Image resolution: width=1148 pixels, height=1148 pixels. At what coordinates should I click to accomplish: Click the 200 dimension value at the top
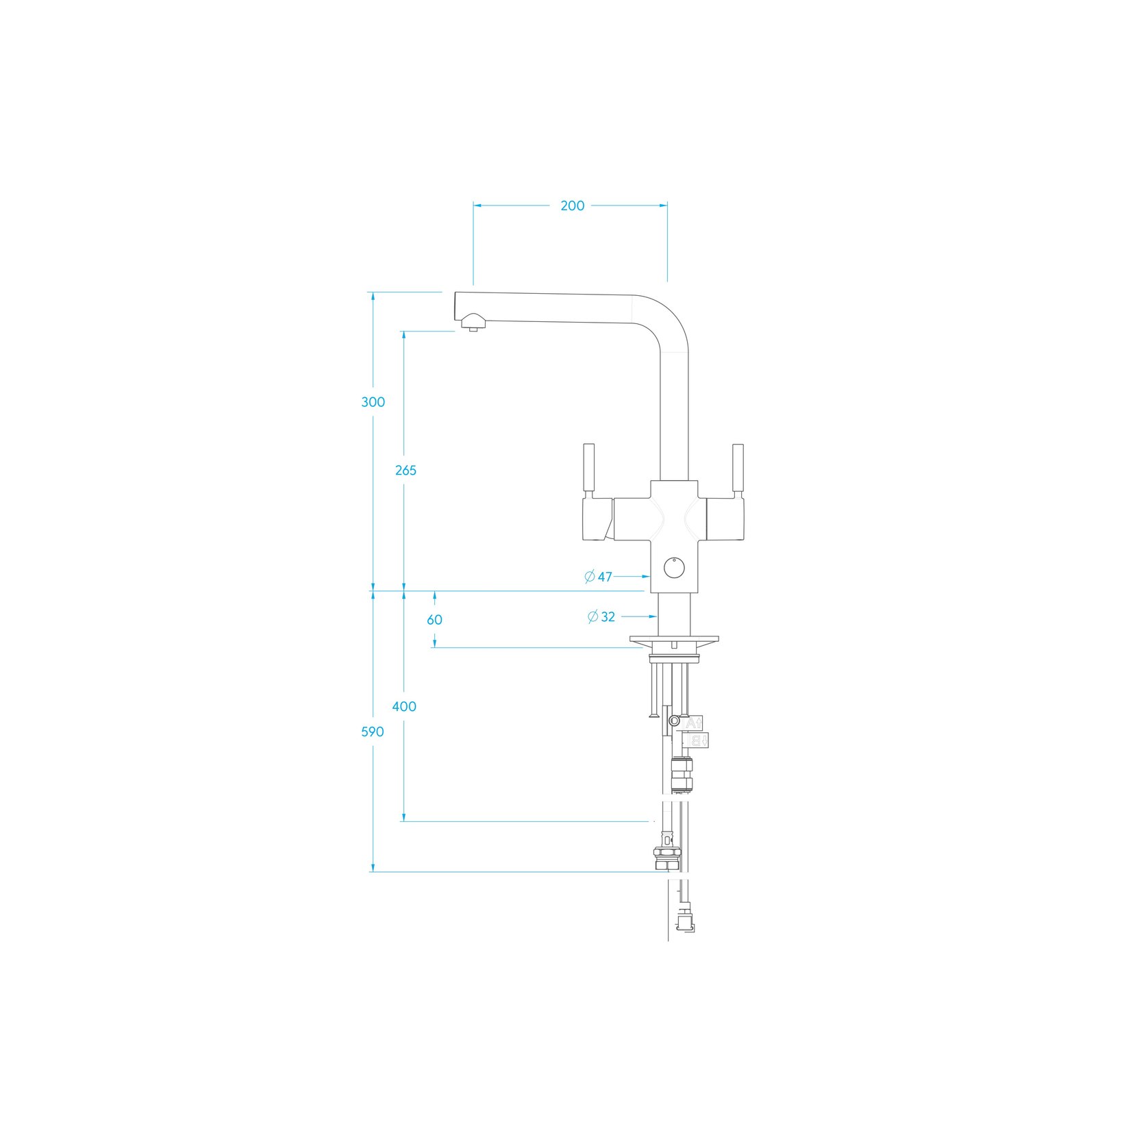[x=573, y=205]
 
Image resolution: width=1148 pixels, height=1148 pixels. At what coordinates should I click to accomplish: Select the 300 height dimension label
[x=373, y=402]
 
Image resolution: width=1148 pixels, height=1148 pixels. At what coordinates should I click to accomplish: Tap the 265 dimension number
[x=406, y=471]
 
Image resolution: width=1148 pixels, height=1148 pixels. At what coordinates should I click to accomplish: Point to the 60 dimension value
[x=434, y=620]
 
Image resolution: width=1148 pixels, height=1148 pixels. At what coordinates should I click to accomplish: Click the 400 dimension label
[x=404, y=707]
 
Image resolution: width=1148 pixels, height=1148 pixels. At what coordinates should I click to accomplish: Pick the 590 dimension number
[x=373, y=732]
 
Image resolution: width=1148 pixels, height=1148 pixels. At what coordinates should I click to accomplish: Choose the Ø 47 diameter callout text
[x=599, y=577]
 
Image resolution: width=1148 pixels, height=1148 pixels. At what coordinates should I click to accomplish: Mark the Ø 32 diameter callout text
[x=601, y=617]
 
